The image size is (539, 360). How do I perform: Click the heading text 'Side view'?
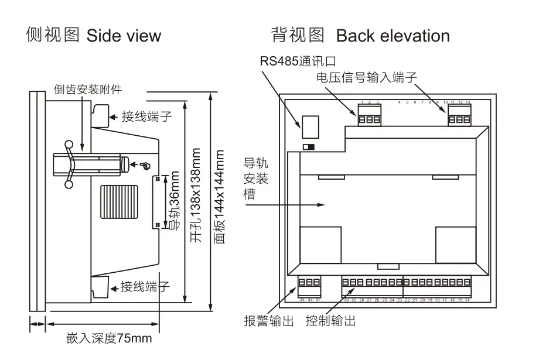(x=124, y=36)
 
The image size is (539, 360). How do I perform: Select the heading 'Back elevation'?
(x=393, y=36)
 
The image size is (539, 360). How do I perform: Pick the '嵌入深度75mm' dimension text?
(x=109, y=338)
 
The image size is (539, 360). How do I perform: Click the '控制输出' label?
(x=330, y=321)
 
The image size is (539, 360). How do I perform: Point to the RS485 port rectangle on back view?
(x=310, y=122)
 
